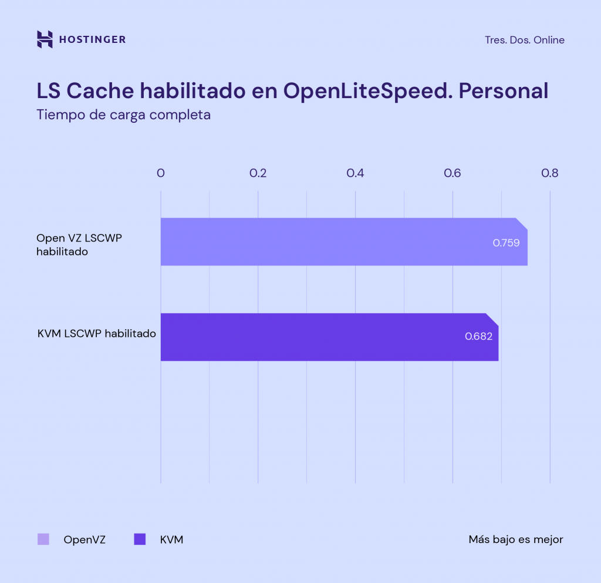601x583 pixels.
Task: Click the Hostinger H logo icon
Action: [45, 39]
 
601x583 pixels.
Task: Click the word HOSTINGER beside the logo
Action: [92, 40]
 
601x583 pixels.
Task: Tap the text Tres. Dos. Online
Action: [525, 40]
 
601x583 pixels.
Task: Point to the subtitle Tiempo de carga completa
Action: [123, 115]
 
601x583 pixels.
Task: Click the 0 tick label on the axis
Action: [161, 173]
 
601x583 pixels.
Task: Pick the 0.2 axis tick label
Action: [258, 173]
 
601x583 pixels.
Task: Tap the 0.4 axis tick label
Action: [355, 173]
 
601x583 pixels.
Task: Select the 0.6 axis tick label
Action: [453, 173]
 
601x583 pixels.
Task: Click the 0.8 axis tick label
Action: [549, 173]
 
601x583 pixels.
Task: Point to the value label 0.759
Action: [506, 242]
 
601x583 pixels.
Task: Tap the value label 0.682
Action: [478, 337]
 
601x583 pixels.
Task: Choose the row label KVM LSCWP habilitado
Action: [96, 333]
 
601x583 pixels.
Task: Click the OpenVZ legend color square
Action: [43, 539]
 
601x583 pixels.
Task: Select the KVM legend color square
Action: [140, 539]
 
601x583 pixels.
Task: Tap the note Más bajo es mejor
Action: [515, 540]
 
